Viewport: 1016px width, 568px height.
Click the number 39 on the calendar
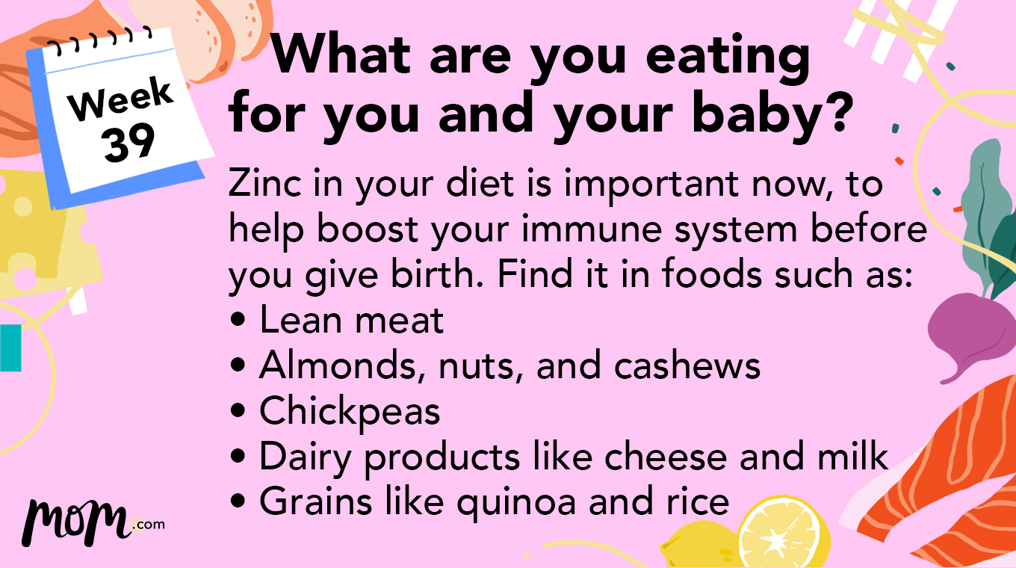pos(129,142)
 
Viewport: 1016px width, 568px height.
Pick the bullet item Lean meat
pos(351,321)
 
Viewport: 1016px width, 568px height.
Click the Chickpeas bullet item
pos(349,411)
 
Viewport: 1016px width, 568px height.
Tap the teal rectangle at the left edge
pos(10,348)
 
